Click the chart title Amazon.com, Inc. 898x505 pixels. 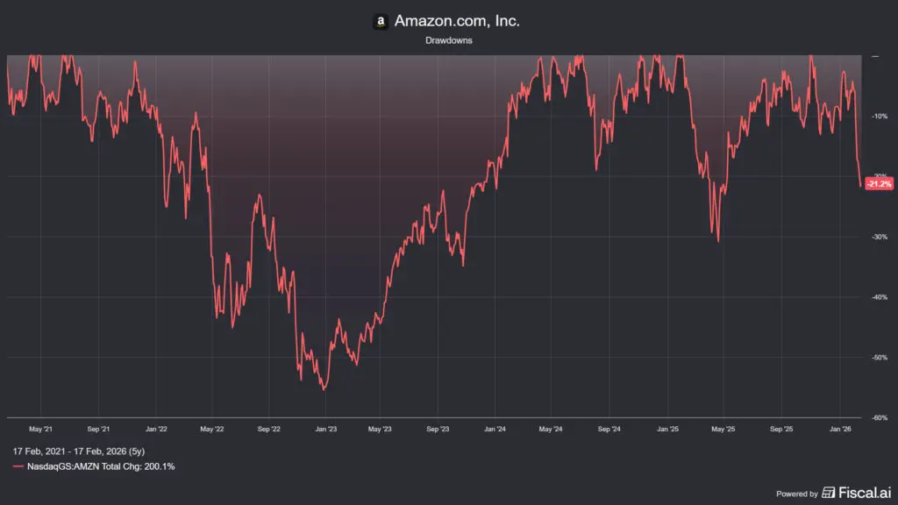click(x=457, y=21)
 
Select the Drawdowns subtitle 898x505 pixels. click(x=449, y=40)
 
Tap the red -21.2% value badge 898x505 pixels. click(x=879, y=184)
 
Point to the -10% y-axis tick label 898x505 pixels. click(x=876, y=117)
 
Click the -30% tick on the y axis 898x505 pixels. click(x=876, y=237)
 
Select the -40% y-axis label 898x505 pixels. click(x=876, y=297)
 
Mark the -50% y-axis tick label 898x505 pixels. click(x=876, y=358)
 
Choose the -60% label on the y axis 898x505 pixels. click(x=876, y=418)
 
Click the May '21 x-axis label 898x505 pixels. click(x=40, y=430)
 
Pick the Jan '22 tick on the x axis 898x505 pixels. click(x=156, y=430)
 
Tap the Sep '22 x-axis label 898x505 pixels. click(x=269, y=430)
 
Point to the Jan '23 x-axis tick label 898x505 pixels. click(x=325, y=430)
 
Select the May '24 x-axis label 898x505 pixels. click(x=551, y=430)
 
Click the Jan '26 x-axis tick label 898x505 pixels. click(x=840, y=430)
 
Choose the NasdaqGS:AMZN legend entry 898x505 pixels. click(x=94, y=466)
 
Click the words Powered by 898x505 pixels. click(x=797, y=494)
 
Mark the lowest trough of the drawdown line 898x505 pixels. click(x=324, y=390)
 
